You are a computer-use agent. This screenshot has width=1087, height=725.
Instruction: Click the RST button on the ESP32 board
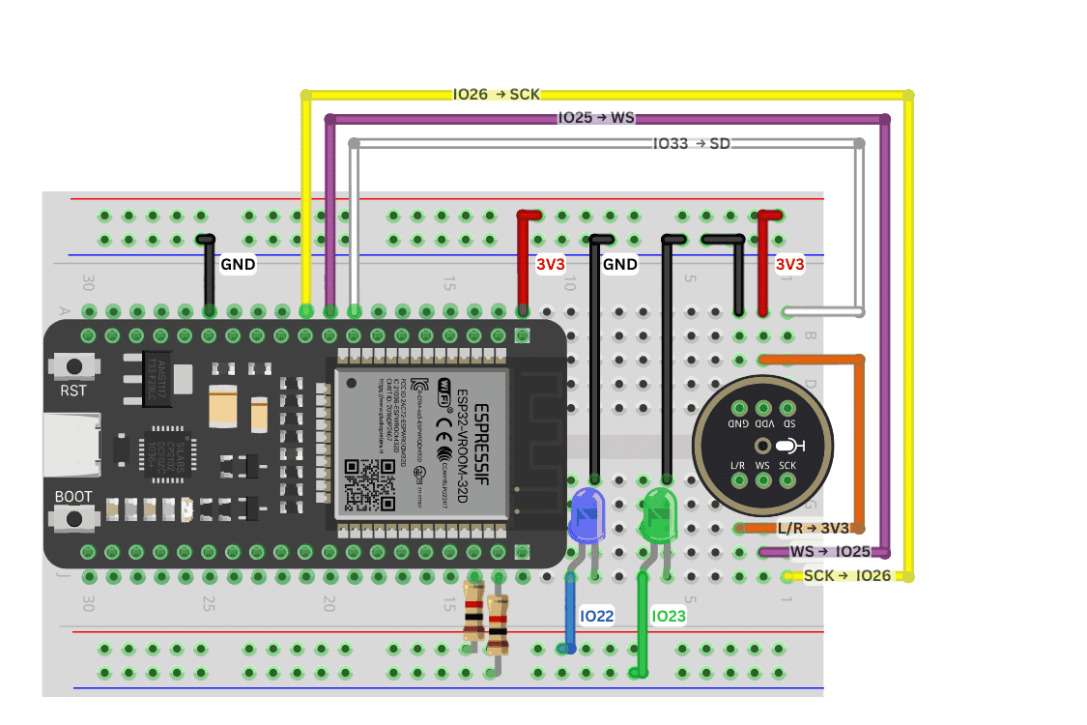point(72,367)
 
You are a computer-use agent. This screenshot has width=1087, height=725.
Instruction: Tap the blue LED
point(586,514)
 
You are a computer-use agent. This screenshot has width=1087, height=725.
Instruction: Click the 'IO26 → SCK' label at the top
point(496,95)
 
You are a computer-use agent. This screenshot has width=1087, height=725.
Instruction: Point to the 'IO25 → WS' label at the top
point(596,118)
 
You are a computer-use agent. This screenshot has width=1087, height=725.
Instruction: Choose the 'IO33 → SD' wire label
point(691,144)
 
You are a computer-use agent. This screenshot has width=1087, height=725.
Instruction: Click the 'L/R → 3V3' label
point(813,529)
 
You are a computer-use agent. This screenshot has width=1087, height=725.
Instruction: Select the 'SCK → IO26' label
point(847,576)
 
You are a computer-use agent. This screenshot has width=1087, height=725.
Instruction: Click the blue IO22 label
point(596,617)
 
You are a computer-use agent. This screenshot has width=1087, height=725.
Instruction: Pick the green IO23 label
point(668,617)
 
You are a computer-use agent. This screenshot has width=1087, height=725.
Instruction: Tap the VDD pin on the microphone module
point(763,412)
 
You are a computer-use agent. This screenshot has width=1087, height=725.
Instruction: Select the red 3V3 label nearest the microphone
point(788,264)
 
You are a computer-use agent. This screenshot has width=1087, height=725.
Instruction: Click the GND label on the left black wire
point(238,264)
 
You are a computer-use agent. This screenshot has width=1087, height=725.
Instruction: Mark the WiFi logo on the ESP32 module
point(446,389)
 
